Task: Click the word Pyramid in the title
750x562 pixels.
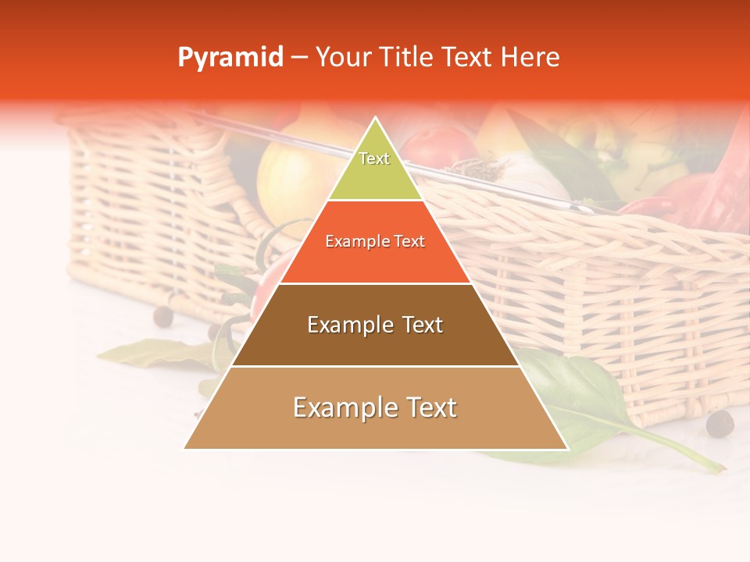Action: (x=230, y=58)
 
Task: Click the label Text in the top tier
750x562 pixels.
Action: (x=374, y=158)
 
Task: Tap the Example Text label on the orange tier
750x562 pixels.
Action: (x=375, y=241)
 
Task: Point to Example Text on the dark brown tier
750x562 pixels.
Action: (x=375, y=325)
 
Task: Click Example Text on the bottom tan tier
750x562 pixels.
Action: (x=375, y=407)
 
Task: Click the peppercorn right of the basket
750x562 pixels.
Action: (x=720, y=424)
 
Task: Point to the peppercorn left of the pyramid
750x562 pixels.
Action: (x=162, y=316)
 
